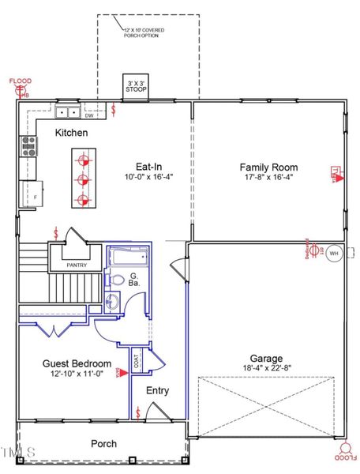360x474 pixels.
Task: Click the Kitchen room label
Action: click(71, 133)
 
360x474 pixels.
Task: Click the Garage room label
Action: click(267, 358)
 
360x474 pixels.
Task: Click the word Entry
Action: click(158, 390)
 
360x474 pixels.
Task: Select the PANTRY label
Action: click(77, 265)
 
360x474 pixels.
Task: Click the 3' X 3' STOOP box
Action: click(136, 85)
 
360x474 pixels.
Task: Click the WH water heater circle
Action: click(332, 254)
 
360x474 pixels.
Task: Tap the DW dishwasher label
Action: click(89, 116)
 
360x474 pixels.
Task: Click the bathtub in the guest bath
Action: click(127, 257)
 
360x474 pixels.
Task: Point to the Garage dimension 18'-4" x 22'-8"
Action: click(267, 368)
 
